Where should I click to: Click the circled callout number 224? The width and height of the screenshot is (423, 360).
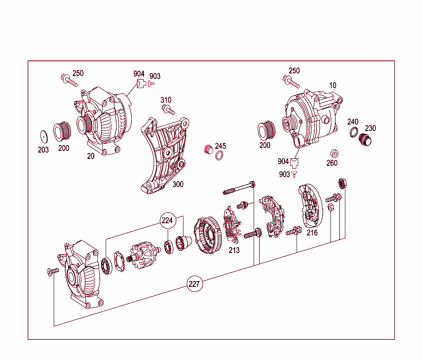[x=167, y=220]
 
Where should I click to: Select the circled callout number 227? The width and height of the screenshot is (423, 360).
[x=194, y=284]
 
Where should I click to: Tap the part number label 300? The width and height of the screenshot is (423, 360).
[x=178, y=184]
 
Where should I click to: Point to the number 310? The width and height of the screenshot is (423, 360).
[x=166, y=100]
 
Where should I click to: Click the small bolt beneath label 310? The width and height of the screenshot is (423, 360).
[x=169, y=110]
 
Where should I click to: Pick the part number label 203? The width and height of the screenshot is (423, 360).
[x=43, y=150]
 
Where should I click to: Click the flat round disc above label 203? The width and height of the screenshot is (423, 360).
[x=43, y=136]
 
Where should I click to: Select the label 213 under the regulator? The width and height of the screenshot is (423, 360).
[x=234, y=250]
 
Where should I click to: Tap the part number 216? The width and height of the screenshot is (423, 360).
[x=312, y=233]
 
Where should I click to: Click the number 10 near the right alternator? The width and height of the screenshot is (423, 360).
[x=333, y=86]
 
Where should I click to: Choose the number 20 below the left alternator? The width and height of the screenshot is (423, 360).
[x=90, y=156]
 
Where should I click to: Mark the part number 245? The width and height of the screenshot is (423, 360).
[x=221, y=146]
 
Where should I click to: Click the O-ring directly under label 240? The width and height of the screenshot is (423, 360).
[x=354, y=132]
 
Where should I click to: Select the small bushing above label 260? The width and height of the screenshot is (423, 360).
[x=333, y=153]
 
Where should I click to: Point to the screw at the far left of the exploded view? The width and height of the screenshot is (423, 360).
[x=53, y=271]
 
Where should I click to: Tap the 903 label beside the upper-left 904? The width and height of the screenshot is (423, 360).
[x=155, y=76]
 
